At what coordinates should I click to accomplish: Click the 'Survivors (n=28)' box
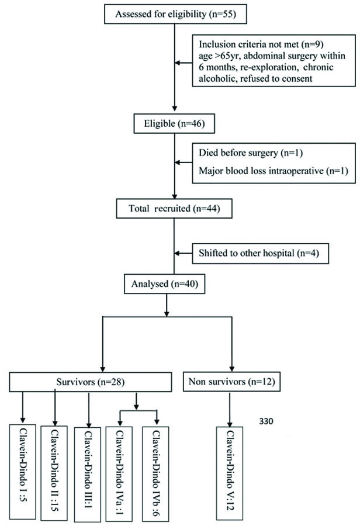click(x=90, y=383)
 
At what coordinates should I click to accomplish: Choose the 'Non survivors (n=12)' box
click(x=233, y=383)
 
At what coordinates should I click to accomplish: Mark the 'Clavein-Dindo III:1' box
click(x=88, y=470)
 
